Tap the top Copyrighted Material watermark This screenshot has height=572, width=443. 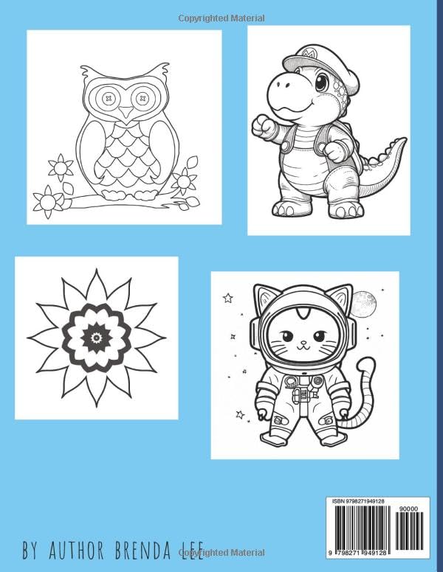pyautogui.click(x=221, y=18)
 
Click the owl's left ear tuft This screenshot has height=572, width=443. pyautogui.click(x=88, y=72)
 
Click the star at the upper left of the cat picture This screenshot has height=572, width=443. pyautogui.click(x=228, y=298)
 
